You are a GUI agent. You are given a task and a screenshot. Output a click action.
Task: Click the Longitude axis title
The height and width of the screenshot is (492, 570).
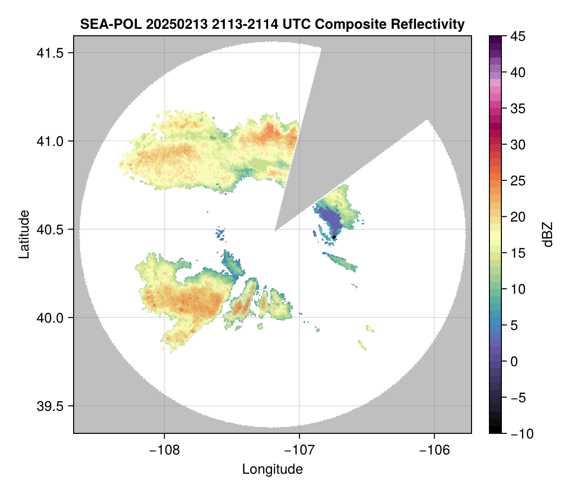[x=272, y=469]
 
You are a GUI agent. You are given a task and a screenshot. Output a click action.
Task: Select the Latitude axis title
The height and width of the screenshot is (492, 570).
[x=23, y=234]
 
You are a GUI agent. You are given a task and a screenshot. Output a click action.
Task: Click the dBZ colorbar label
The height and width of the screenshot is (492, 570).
[x=548, y=235]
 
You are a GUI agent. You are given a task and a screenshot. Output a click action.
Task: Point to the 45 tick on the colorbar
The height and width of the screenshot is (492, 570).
[x=518, y=36]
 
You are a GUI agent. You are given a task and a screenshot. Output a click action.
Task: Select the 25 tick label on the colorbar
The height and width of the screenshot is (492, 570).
[x=518, y=181]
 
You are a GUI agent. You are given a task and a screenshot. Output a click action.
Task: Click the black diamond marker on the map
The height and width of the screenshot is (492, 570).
[x=334, y=237]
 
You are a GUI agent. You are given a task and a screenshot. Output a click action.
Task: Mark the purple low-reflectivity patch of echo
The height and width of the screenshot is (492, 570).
[x=330, y=219]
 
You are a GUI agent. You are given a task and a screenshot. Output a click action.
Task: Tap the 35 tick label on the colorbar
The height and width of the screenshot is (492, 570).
[x=518, y=108]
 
